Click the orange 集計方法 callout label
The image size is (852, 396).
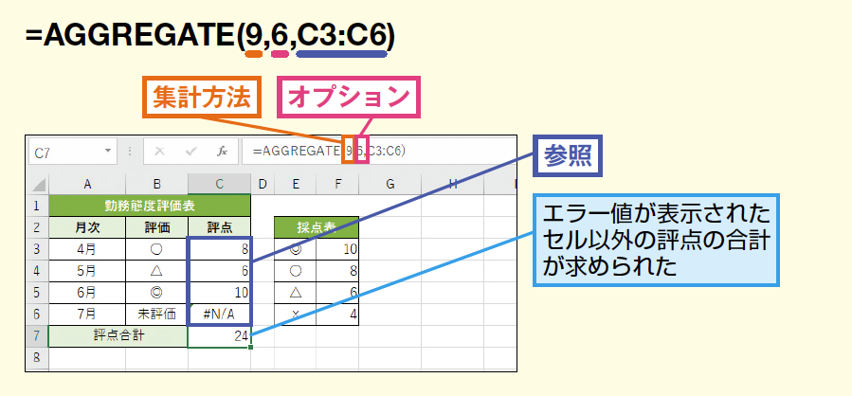pos(202,98)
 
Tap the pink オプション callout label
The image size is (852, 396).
pos(349,98)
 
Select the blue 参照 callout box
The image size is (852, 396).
pos(568,156)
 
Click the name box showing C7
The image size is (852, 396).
pos(72,153)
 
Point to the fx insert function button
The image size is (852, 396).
pos(222,153)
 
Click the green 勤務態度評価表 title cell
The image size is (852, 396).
pos(150,206)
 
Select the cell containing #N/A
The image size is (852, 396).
pos(220,314)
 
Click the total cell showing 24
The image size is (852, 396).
pos(220,336)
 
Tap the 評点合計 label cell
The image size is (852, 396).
pos(118,336)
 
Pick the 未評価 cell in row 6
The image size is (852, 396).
pos(157,314)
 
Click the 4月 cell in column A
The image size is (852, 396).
pos(87,249)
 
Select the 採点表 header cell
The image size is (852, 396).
pos(317,227)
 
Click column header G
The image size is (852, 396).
pos(390,184)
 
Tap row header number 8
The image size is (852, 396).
pos(37,357)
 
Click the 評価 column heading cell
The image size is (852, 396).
pos(157,227)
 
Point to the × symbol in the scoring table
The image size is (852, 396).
pos(295,314)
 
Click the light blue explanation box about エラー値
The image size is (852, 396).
pos(657,240)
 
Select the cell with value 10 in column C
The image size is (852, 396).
pos(220,293)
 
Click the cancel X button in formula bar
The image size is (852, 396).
pos(159,153)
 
